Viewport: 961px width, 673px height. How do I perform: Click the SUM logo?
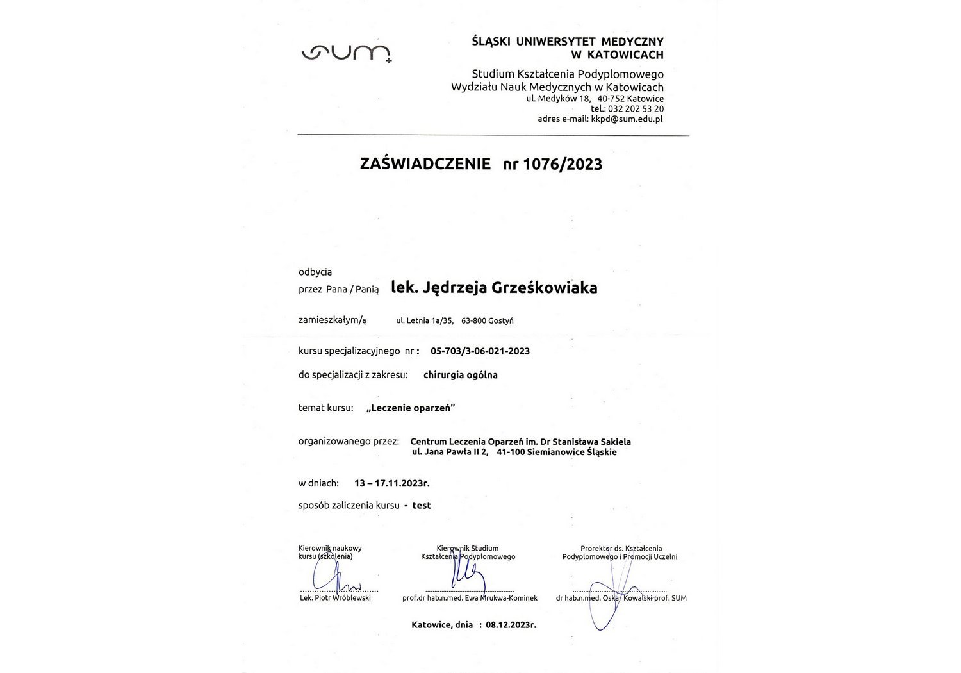[x=346, y=54]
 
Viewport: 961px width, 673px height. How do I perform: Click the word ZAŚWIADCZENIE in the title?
[x=425, y=164]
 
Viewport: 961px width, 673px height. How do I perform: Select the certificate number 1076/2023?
[x=563, y=164]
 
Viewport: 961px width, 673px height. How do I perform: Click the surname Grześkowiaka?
[x=544, y=288]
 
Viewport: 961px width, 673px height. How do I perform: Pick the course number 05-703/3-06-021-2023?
[x=480, y=351]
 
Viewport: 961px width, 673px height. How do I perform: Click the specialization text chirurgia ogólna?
[x=460, y=375]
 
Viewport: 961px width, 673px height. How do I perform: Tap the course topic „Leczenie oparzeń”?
[x=411, y=408]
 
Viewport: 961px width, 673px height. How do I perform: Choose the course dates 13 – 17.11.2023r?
[x=391, y=483]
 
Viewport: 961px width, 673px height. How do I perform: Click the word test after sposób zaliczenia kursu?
[x=422, y=505]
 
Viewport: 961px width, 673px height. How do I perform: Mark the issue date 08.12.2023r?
[x=511, y=624]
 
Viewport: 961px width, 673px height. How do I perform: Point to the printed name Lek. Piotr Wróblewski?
[x=335, y=598]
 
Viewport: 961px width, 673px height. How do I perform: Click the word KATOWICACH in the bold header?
[x=625, y=55]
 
